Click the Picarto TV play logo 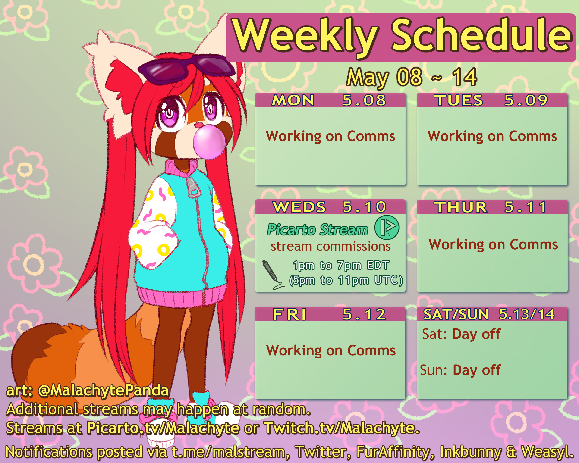pos(387,227)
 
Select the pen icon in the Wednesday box pos(273,274)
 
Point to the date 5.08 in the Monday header pos(364,100)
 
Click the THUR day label pos(461,207)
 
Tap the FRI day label pos(289,314)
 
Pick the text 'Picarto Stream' pos(318,229)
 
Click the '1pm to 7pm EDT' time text pos(341,265)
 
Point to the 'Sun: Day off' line pos(460,370)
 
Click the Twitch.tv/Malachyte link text pos(342,428)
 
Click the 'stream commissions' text pos(330,246)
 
